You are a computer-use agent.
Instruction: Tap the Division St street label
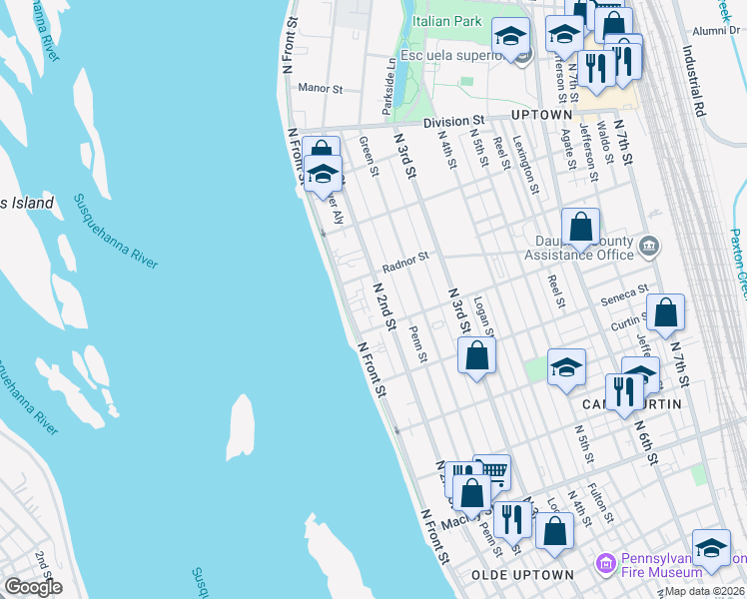[x=452, y=122]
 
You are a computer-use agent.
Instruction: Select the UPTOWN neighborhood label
[x=542, y=116]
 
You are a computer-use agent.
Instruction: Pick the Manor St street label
[x=321, y=88]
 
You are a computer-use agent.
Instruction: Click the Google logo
[x=33, y=587]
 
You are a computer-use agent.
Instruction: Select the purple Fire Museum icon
[x=604, y=564]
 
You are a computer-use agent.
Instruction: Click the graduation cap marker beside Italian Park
[x=510, y=38]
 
